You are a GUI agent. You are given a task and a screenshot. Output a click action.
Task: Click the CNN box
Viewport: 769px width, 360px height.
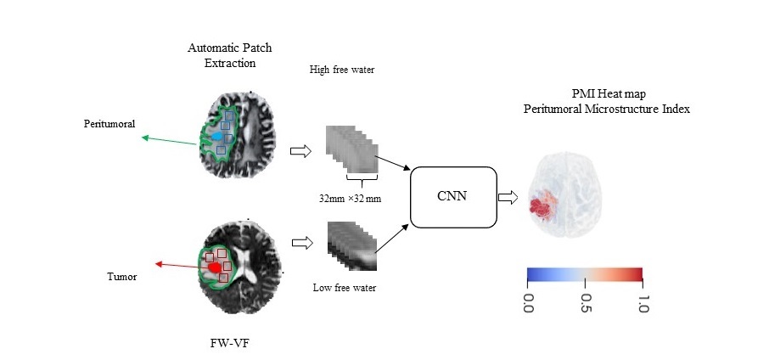click(x=452, y=198)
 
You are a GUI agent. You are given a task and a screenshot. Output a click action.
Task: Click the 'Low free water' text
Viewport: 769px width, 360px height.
click(x=345, y=288)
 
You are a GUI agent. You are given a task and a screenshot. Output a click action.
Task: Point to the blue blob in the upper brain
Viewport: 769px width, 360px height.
click(x=220, y=136)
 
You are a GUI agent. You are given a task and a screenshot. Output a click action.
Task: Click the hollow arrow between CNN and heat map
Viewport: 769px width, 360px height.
click(x=508, y=198)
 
